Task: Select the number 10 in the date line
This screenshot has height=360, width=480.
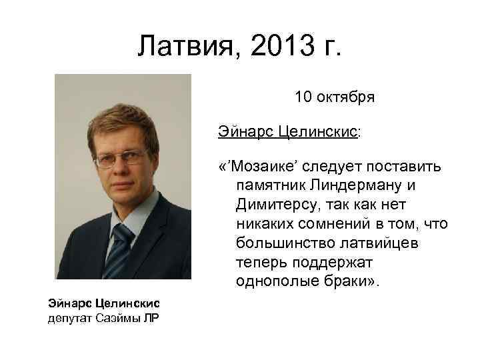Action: pos(303,97)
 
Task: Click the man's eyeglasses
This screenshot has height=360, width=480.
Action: pos(121,159)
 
